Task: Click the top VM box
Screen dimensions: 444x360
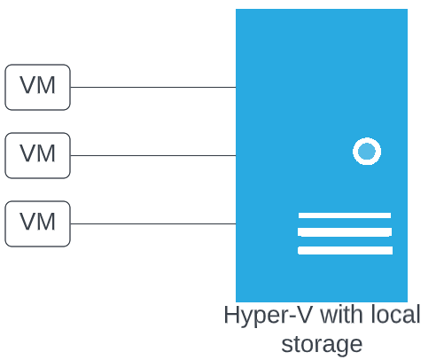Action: coord(37,87)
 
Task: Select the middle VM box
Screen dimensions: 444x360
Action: coord(37,155)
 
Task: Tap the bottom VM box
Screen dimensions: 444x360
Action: coord(37,223)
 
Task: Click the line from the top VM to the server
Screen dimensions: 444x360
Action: coord(153,87)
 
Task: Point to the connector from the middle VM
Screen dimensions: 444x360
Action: coord(153,155)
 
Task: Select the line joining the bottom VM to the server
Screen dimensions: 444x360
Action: coord(153,223)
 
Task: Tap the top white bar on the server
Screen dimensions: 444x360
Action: coord(345,215)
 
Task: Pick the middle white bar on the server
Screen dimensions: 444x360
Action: coord(345,232)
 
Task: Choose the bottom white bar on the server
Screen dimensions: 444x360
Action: coord(345,250)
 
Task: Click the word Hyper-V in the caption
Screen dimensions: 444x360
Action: coord(268,316)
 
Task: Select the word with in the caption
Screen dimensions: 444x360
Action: coord(343,315)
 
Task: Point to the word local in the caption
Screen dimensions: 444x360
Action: coord(395,315)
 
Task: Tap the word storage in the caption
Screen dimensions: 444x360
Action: coord(322,345)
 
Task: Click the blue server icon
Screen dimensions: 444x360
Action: coord(322,155)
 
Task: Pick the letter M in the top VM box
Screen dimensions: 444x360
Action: coord(45,85)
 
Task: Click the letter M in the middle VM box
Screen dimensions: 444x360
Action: coord(45,153)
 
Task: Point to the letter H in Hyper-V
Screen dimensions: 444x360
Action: coord(231,315)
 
